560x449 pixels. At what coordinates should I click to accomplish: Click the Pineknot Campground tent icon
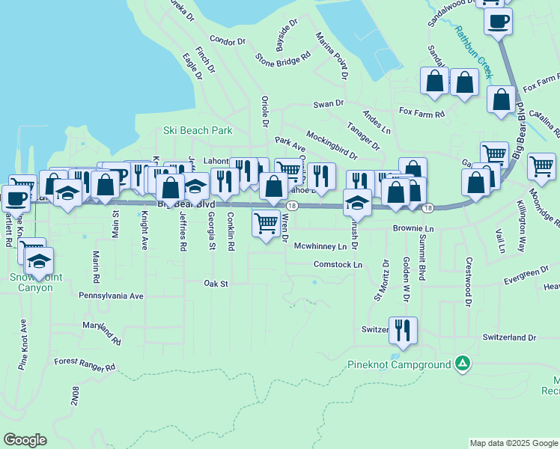tap(463, 364)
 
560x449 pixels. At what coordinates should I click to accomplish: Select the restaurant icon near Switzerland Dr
tap(403, 329)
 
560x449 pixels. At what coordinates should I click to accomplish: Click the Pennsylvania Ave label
tap(111, 296)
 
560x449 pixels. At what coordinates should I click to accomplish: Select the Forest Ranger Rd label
tap(85, 368)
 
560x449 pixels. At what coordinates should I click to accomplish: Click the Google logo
tap(25, 440)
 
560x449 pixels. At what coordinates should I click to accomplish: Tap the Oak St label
tap(216, 284)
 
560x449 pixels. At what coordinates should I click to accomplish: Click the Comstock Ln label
tap(338, 264)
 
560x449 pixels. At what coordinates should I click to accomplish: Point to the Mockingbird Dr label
tap(332, 145)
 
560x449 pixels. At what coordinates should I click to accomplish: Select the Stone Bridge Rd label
tap(282, 56)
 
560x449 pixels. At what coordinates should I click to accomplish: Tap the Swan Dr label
tap(328, 103)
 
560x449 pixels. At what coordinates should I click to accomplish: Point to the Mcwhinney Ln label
tap(320, 245)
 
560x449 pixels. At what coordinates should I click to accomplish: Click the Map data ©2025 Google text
tap(513, 443)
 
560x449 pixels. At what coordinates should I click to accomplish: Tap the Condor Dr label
tap(228, 40)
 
